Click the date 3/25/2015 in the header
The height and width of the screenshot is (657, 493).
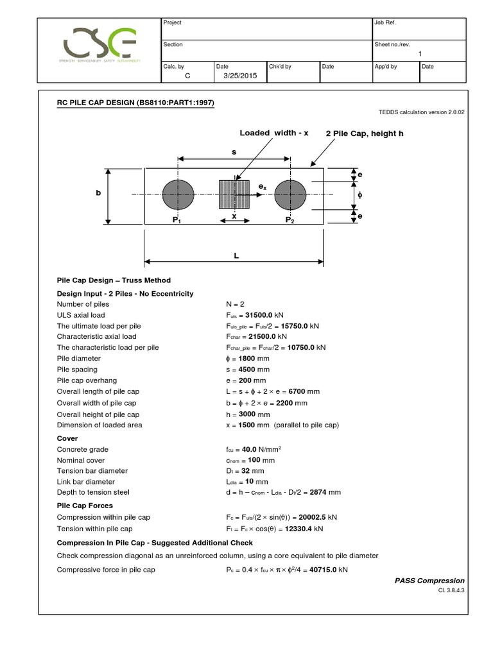click(x=236, y=75)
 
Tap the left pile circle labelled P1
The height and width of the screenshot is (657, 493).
click(x=178, y=194)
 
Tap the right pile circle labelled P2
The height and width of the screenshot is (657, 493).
click(x=290, y=194)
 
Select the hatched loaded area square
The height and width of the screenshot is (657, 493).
click(x=234, y=194)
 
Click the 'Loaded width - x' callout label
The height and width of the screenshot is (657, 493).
click(x=274, y=133)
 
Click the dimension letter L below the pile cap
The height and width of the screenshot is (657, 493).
click(x=236, y=255)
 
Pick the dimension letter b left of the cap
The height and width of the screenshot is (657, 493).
click(x=99, y=194)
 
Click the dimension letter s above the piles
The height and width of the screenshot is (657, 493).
click(x=235, y=151)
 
